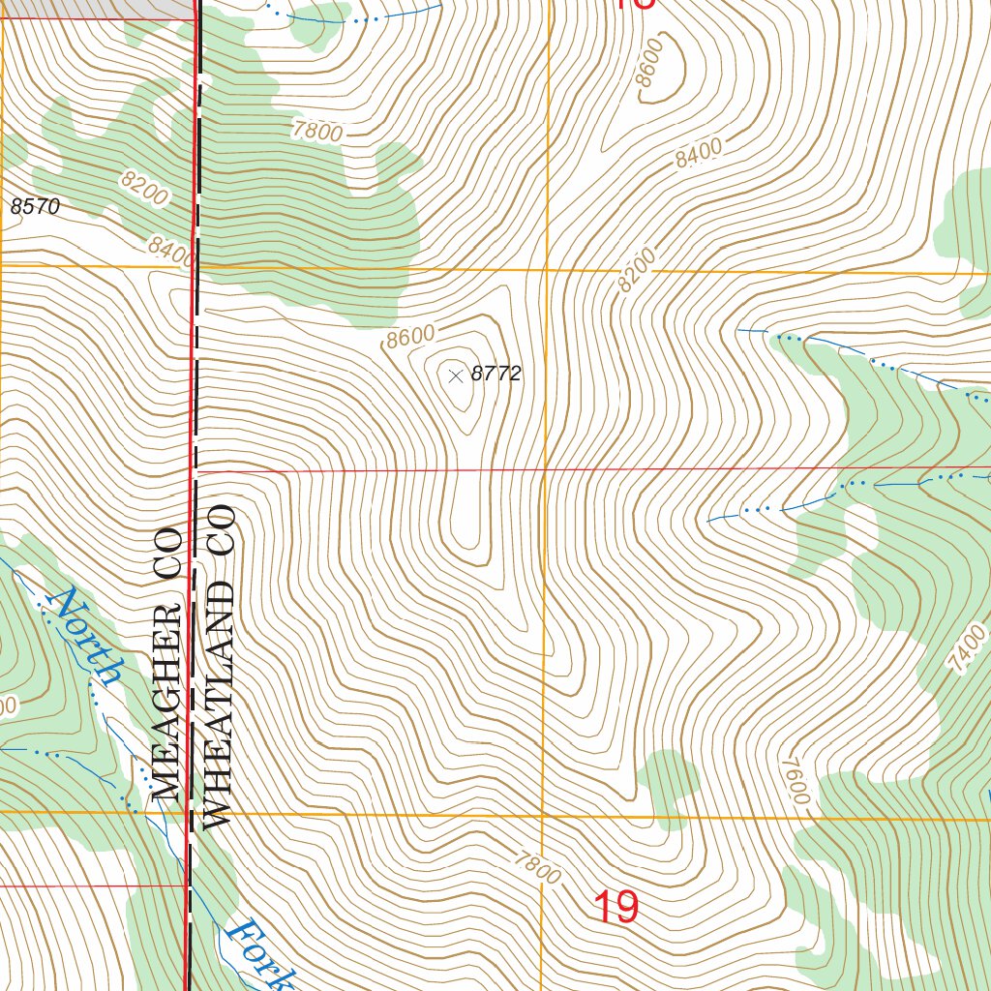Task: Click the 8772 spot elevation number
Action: [x=496, y=375]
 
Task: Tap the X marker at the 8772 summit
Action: [x=456, y=375]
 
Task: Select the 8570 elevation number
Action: [x=36, y=206]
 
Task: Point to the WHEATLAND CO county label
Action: [x=219, y=666]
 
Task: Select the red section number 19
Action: [x=615, y=908]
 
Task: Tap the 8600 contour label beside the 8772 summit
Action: [x=409, y=337]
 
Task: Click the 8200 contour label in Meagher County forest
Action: [x=145, y=190]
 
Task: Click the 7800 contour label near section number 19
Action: [x=538, y=865]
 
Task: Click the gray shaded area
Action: [x=97, y=8]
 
